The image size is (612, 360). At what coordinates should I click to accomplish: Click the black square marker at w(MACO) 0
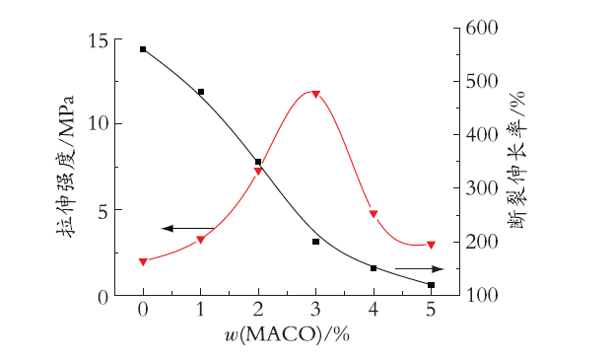(x=143, y=49)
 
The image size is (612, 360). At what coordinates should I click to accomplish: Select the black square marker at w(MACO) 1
(x=201, y=92)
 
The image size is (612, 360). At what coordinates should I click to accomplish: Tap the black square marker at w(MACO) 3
(x=316, y=242)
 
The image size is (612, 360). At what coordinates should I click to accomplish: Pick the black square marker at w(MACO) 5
(x=431, y=285)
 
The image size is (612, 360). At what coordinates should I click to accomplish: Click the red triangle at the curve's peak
(x=316, y=94)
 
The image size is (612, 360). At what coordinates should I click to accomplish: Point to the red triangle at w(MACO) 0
(x=143, y=262)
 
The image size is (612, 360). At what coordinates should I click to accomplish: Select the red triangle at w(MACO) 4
(x=374, y=214)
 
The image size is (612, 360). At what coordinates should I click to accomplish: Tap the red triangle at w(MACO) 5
(x=431, y=246)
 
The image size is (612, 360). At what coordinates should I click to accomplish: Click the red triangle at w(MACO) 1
(x=201, y=240)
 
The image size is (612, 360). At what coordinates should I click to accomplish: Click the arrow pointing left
(x=187, y=229)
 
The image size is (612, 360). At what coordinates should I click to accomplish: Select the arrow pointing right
(x=420, y=269)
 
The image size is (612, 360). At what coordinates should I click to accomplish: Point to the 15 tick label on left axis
(x=99, y=41)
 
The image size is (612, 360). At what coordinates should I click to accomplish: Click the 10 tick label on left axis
(x=99, y=124)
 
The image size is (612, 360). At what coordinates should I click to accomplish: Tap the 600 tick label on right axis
(x=482, y=29)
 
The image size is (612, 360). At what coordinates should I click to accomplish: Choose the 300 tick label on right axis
(x=482, y=188)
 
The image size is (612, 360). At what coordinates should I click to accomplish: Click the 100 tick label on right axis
(x=482, y=295)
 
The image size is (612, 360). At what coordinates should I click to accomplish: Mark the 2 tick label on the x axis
(x=258, y=310)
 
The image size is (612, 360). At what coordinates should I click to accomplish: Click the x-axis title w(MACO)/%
(x=287, y=334)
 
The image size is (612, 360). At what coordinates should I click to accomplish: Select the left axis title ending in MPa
(x=65, y=167)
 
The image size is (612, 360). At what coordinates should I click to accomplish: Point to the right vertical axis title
(x=517, y=160)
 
